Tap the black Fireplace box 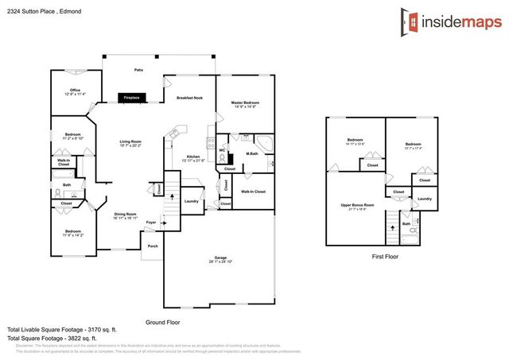click(x=130, y=98)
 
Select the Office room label click(x=76, y=90)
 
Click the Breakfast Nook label click(x=192, y=97)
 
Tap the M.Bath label click(x=251, y=153)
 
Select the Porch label click(x=152, y=246)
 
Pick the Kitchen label click(x=192, y=156)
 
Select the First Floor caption click(x=385, y=257)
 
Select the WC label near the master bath click(x=223, y=149)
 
